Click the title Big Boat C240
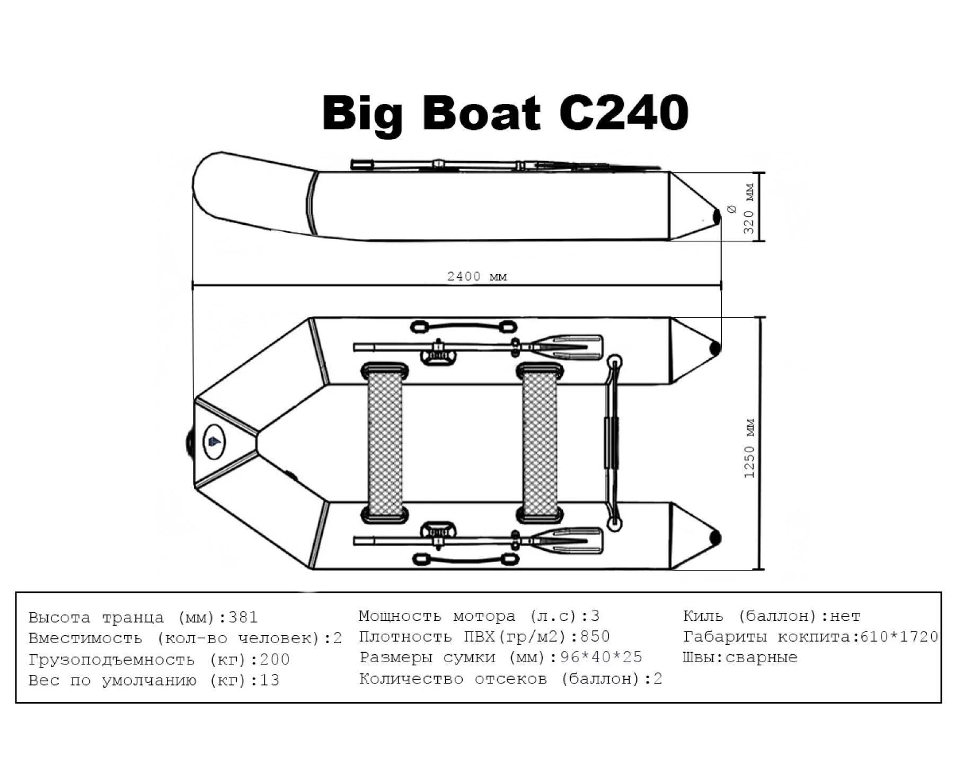505,114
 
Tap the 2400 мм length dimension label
477,276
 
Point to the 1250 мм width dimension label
749,448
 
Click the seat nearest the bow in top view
384,443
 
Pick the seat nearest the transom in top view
540,443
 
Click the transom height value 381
243,617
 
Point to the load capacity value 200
275,659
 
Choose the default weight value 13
269,680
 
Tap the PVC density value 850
595,636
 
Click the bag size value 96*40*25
601,657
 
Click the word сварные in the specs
761,657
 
